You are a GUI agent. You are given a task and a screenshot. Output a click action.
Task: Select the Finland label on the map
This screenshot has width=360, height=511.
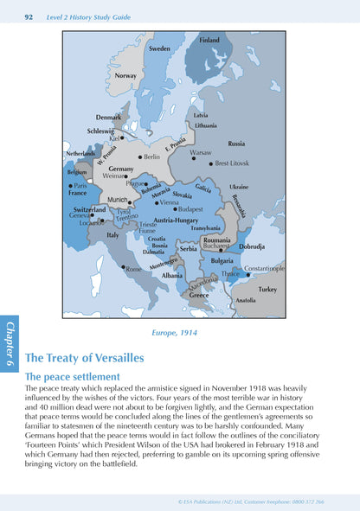pyautogui.click(x=209, y=40)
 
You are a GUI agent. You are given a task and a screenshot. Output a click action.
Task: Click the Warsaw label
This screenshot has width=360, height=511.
pyautogui.click(x=201, y=152)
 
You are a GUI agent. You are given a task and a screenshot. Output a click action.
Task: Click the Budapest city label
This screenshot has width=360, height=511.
pyautogui.click(x=190, y=208)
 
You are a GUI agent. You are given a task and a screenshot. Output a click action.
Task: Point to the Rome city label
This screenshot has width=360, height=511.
pyautogui.click(x=134, y=270)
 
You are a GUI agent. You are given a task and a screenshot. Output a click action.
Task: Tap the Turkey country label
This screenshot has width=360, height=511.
pyautogui.click(x=267, y=290)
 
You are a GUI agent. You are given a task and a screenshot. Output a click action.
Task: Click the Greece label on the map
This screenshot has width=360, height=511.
pyautogui.click(x=200, y=296)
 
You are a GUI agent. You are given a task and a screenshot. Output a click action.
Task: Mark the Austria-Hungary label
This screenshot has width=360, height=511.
pyautogui.click(x=177, y=220)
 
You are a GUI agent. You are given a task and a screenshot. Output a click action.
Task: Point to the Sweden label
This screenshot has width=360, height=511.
pyautogui.click(x=160, y=48)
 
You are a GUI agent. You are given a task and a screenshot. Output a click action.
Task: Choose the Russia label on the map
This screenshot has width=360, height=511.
pyautogui.click(x=236, y=143)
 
